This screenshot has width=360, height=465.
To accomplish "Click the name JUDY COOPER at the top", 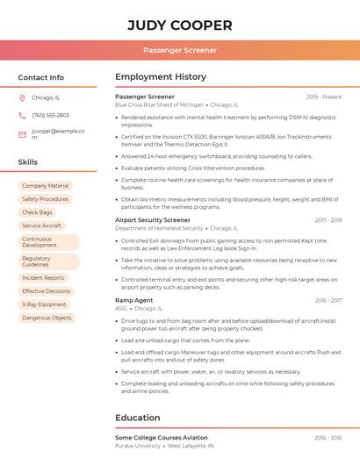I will point(180,25).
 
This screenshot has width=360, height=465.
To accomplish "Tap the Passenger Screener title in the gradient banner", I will point(180,50).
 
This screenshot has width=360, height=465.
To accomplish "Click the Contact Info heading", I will point(41,77).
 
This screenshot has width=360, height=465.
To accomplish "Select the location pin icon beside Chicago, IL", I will point(22,97).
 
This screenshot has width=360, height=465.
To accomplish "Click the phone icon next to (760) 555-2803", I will point(22,115).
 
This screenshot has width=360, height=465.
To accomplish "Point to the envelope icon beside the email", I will point(22,134).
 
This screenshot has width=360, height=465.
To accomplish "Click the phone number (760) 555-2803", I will point(50,115).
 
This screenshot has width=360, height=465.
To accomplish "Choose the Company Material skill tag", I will point(45,186).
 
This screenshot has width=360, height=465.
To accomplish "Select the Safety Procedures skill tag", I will point(45,199).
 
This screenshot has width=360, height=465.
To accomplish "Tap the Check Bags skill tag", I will point(37,212).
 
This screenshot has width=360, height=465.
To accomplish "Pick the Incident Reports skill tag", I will point(43,278).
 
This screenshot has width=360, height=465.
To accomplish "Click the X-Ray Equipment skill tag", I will point(44,304).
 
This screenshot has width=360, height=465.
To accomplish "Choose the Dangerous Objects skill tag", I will point(47,318).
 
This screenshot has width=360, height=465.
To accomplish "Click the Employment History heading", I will point(161,77).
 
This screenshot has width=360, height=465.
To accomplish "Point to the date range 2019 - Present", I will point(324,97).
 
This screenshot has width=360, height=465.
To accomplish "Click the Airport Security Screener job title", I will point(153,220).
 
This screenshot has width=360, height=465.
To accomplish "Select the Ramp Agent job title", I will point(133,300).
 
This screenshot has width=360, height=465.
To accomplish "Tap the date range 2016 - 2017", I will point(328,300).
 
